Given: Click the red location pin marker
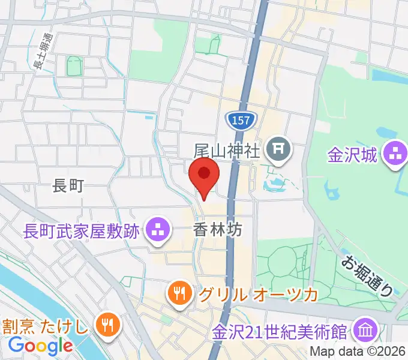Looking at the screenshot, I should [204, 174].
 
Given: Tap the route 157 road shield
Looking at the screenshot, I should [241, 121].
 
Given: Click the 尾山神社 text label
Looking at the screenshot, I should [227, 149].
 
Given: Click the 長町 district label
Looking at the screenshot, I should [67, 187].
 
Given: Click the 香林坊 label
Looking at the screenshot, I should [218, 229].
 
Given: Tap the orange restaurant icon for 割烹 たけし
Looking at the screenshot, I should [109, 326].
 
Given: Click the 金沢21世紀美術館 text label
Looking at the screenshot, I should [281, 331].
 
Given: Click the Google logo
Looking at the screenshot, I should [40, 346].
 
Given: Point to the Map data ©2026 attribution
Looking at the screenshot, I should [358, 352].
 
